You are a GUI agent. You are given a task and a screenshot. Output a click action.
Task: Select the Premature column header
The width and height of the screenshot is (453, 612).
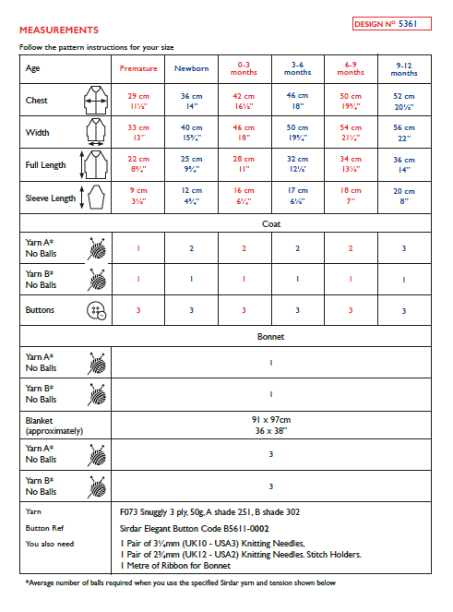[x=138, y=68]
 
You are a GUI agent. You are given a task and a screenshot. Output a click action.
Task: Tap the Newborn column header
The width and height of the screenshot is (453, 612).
[x=191, y=68]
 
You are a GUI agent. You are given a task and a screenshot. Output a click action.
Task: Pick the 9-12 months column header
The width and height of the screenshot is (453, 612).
[x=404, y=68]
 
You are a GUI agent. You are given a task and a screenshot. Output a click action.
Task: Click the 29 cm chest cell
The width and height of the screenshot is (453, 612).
[x=138, y=101]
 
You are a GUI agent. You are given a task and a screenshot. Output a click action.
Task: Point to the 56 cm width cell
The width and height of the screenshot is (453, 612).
[x=404, y=133]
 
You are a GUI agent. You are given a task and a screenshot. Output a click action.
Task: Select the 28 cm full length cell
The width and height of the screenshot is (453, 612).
[x=244, y=164]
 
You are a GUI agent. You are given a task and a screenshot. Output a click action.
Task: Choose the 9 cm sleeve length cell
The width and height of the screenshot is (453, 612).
[x=138, y=197]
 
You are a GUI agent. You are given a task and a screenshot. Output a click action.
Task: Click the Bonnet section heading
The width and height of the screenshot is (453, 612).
[x=270, y=337]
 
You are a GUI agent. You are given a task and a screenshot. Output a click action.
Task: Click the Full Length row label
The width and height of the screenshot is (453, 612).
[x=46, y=165]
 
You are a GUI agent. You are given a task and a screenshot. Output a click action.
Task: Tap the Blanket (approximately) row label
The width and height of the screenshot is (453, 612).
[x=54, y=425]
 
